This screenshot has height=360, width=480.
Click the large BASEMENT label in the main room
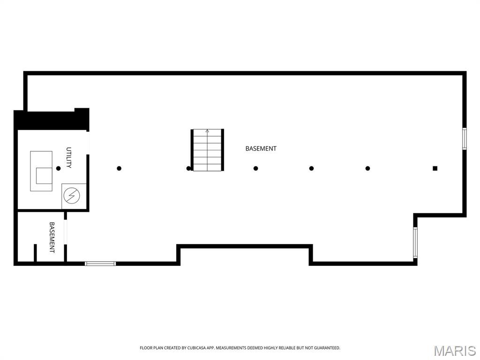tap(261, 149)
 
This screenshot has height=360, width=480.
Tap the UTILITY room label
tap(69, 157)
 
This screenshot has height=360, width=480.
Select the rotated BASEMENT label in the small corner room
tap(52, 237)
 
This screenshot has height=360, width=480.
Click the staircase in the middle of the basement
tap(207, 150)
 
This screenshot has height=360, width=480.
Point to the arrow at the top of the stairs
tap(207, 132)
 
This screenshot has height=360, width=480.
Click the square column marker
tap(435, 168)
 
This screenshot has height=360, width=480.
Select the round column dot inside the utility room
tap(58, 168)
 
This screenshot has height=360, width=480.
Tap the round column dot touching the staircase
tap(188, 168)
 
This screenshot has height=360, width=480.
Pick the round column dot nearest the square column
tap(367, 168)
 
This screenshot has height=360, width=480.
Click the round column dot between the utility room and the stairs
tap(119, 168)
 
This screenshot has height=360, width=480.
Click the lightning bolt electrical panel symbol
tap(72, 195)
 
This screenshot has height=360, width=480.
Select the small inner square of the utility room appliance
tap(44, 175)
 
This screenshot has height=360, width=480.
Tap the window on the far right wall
tap(465, 139)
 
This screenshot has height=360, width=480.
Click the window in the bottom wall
tap(100, 263)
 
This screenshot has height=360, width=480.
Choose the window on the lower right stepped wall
tap(415, 242)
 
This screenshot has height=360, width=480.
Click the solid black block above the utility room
tap(52, 120)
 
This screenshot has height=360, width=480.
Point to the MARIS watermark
tap(455, 351)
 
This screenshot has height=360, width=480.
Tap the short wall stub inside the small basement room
tap(35, 253)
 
